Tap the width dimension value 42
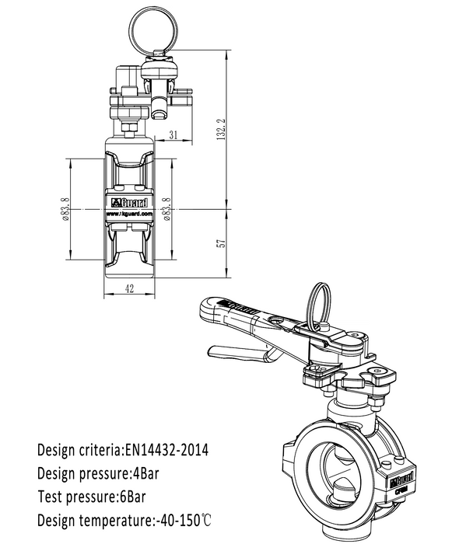129,289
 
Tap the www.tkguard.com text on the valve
129,217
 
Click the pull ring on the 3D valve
319,304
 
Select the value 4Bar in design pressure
145,473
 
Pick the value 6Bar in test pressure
134,496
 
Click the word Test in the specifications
51,496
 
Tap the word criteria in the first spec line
99,449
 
